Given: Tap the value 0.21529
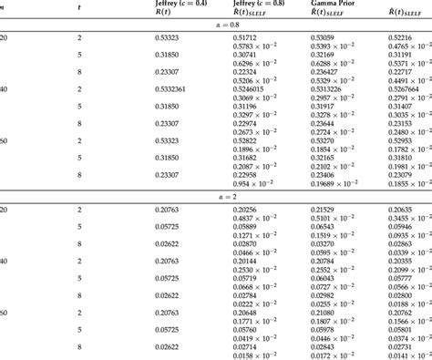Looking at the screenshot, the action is [x=324, y=209].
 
